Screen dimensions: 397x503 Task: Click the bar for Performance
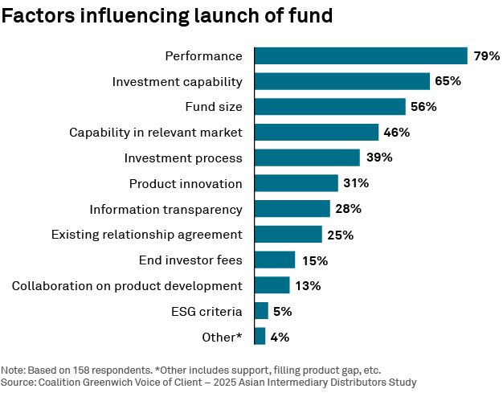coord(361,55)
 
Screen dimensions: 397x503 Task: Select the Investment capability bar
coord(342,81)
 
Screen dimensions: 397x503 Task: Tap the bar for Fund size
coord(330,107)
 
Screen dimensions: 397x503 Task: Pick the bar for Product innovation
coord(296,183)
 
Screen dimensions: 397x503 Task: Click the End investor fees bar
coord(275,260)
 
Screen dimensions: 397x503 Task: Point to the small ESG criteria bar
coord(261,311)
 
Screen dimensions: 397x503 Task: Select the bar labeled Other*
coord(260,337)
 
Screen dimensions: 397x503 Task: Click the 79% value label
coord(486,56)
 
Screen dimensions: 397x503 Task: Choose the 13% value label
coord(308,285)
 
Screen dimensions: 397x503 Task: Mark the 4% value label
coord(280,338)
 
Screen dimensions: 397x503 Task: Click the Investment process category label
coord(183,158)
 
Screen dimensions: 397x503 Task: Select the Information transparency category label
coord(166,209)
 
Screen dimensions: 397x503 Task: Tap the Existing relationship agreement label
coord(146,235)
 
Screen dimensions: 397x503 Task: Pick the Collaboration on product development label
coord(127,285)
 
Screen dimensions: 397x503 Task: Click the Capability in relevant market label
coord(156,133)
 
